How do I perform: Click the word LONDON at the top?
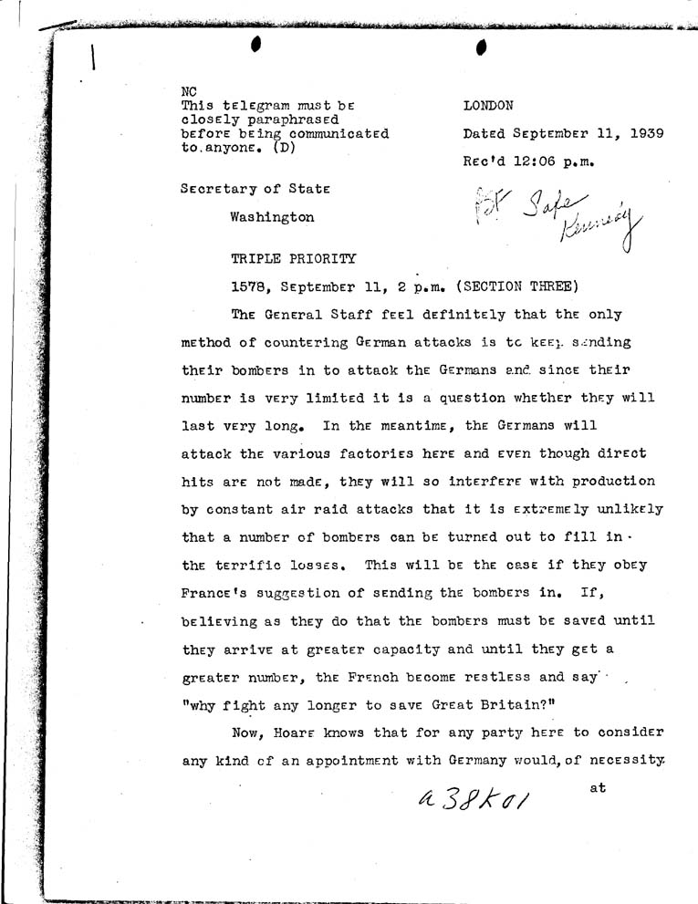pos(489,106)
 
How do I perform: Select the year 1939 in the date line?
pos(643,133)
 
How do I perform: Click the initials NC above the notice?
pos(190,91)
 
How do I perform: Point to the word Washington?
pos(272,218)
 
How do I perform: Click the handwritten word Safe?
pos(531,206)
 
